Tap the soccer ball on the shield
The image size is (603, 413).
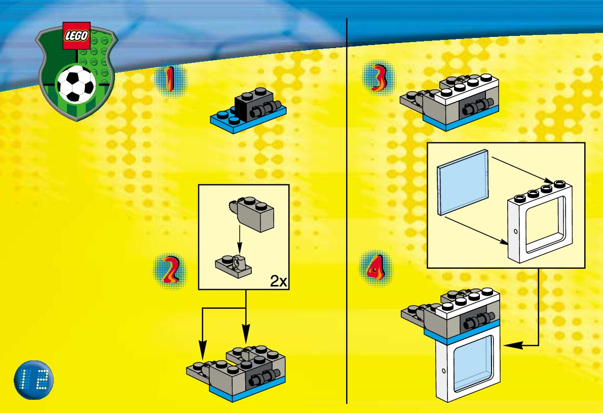tap(76, 84)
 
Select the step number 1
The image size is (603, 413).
tap(170, 80)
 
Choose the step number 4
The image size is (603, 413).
tap(375, 267)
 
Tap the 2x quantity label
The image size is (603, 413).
tap(278, 281)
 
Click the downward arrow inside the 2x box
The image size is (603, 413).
tap(240, 243)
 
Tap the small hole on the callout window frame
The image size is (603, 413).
tap(515, 231)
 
